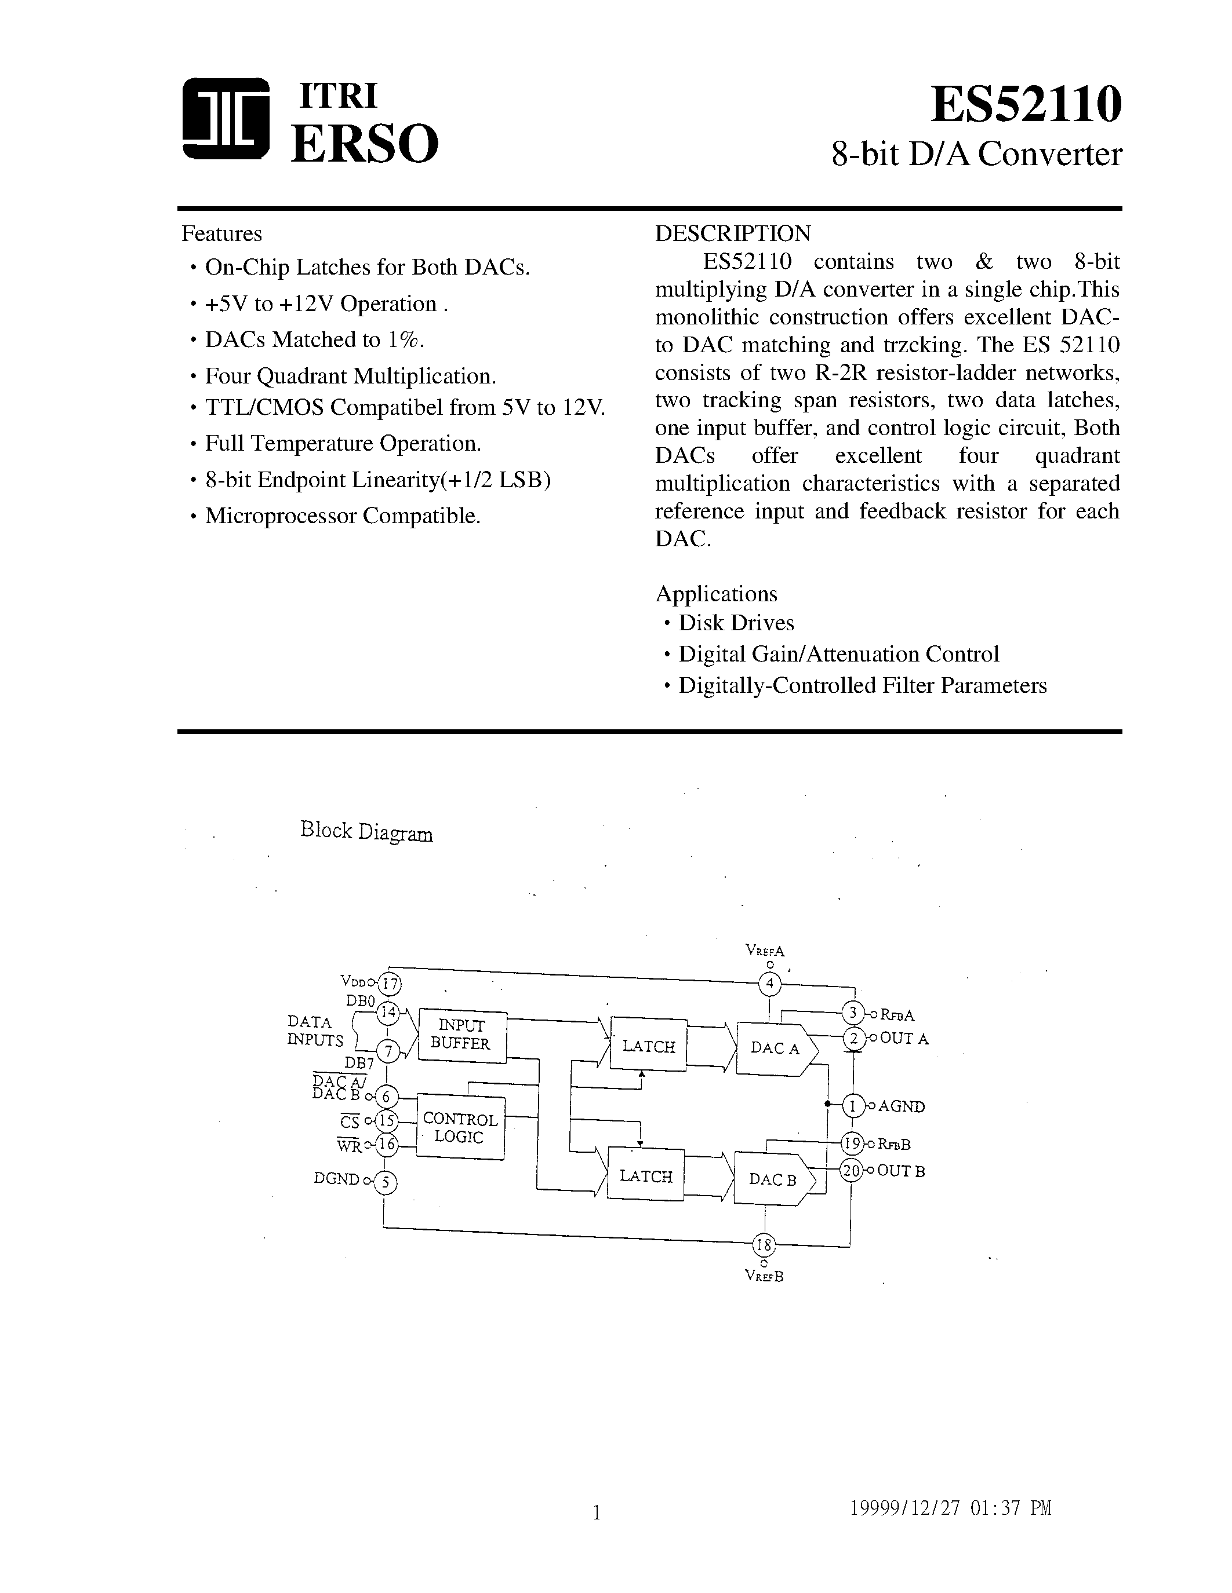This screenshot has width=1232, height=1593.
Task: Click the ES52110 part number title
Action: click(x=1026, y=104)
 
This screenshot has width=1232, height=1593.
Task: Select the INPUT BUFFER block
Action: click(x=461, y=1034)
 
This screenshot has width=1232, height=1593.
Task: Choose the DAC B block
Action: click(x=772, y=1179)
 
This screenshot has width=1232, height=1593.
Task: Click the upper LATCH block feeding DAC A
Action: click(x=648, y=1046)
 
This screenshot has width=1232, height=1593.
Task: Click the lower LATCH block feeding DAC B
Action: click(x=645, y=1176)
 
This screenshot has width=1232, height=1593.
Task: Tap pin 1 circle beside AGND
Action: click(x=852, y=1106)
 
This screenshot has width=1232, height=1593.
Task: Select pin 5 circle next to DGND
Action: click(x=386, y=1182)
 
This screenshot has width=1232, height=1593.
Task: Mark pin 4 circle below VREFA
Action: click(x=770, y=984)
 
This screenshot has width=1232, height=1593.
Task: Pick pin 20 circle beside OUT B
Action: click(x=851, y=1171)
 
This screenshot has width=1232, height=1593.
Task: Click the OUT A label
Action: click(x=904, y=1039)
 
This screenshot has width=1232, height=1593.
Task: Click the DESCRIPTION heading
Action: click(x=732, y=233)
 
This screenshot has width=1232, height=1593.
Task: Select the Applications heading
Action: click(x=716, y=594)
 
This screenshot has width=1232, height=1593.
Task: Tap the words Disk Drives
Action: click(x=736, y=623)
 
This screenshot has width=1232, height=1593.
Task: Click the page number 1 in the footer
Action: click(x=597, y=1512)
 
